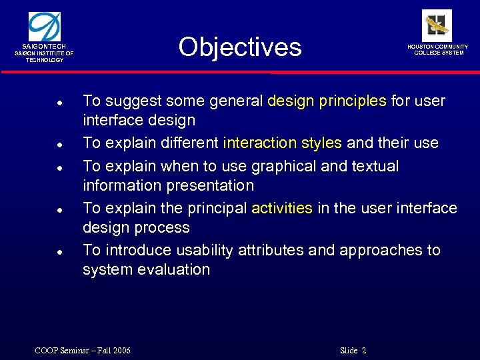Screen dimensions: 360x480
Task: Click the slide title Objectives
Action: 240,47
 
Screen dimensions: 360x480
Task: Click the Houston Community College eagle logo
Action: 437,25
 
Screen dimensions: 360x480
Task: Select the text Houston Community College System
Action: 438,50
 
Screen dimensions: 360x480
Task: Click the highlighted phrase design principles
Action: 327,101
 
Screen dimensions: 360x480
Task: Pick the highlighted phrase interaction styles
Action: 282,143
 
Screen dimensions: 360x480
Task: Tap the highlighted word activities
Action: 281,208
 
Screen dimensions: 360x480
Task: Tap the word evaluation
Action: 175,269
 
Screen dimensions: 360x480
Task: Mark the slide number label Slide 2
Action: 353,351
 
